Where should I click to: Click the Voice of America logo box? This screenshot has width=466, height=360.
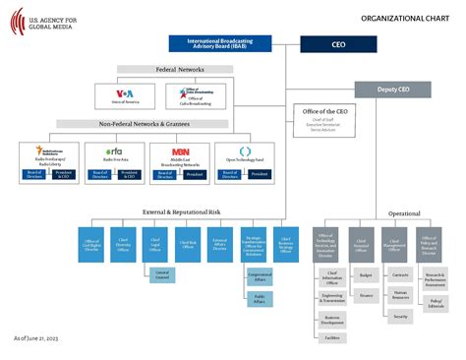[126, 95]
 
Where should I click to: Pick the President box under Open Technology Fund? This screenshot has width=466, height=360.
[260, 174]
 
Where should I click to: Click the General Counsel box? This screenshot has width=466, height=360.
[162, 273]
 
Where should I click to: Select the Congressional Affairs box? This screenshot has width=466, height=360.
[260, 277]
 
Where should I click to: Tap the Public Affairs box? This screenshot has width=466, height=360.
[260, 299]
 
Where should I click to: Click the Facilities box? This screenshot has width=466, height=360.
[333, 337]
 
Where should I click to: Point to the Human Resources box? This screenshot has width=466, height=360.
[400, 293]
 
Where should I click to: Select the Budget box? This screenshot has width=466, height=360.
[366, 277]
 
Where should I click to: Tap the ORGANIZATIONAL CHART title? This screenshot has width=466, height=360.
[404, 18]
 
